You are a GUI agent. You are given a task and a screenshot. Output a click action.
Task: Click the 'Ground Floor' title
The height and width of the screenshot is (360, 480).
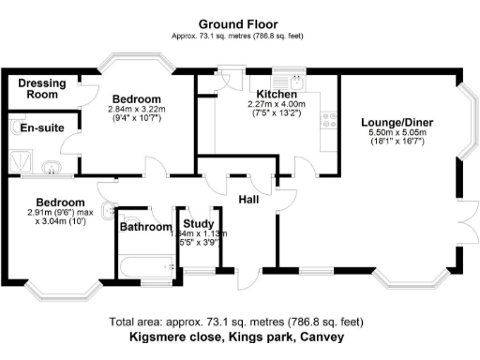click(x=239, y=23)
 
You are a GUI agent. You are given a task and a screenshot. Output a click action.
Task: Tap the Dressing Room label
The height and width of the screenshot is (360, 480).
click(x=42, y=89)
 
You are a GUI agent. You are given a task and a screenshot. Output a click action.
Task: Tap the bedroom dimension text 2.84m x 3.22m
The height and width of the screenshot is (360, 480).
click(x=136, y=109)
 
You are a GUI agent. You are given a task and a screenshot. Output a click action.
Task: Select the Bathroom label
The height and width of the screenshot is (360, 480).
click(x=146, y=227)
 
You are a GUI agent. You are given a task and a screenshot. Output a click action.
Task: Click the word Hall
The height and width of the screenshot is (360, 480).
click(x=249, y=199)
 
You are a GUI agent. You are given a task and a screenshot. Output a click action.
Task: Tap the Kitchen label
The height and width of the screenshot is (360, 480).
click(x=272, y=95)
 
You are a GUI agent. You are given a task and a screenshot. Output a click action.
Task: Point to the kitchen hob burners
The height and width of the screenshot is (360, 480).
click(x=329, y=119)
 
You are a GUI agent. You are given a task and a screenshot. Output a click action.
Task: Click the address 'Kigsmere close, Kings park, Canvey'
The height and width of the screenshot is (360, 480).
click(x=238, y=336)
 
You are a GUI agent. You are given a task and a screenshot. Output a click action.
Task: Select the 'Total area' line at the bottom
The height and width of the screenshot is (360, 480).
click(x=238, y=320)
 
